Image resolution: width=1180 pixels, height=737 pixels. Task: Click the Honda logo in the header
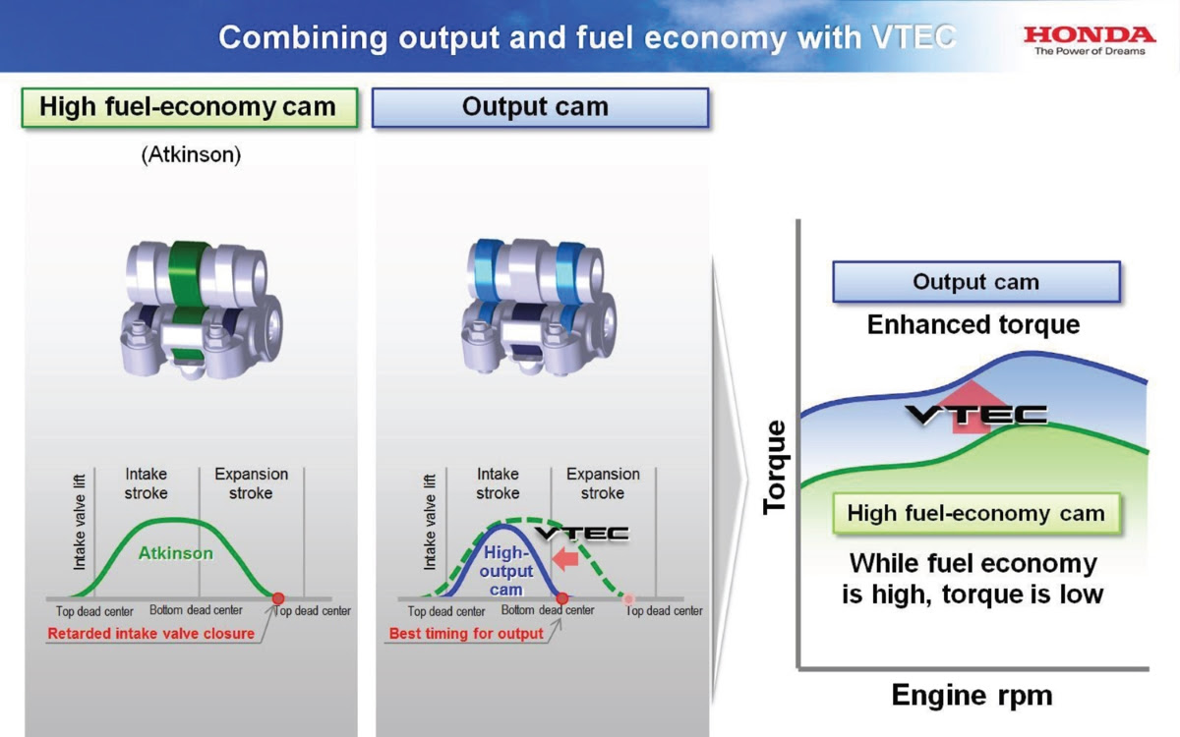tap(1090, 40)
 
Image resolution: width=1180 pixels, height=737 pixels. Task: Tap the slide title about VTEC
tap(587, 37)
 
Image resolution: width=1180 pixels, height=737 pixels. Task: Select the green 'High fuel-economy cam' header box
tap(190, 107)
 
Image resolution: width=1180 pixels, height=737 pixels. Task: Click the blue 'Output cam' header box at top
tap(540, 107)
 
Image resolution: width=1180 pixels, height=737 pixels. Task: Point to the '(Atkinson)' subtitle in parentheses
tap(191, 155)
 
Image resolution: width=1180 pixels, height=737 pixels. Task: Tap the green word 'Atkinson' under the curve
tap(176, 553)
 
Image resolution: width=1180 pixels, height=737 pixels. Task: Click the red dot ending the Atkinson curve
tap(278, 598)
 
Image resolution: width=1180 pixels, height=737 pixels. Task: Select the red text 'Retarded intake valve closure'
tap(151, 633)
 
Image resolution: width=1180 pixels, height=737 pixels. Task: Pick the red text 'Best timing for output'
tap(466, 633)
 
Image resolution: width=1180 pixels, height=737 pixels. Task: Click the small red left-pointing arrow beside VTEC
tap(565, 558)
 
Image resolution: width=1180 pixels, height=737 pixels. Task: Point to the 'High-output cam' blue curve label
tap(506, 571)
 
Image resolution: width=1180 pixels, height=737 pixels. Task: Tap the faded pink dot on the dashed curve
tap(628, 598)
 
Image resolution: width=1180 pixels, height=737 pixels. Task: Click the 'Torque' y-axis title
tap(775, 467)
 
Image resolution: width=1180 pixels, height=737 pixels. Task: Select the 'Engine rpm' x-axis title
tap(972, 696)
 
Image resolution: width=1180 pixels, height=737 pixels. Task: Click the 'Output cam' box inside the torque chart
tap(976, 282)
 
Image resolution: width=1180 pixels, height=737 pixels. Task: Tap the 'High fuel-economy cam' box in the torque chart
tap(976, 513)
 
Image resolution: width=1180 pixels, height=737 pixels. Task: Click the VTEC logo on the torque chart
tap(976, 415)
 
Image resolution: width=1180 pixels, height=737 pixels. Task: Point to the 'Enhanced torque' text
tap(973, 325)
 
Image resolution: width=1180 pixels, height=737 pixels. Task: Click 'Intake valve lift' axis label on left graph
tap(79, 522)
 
